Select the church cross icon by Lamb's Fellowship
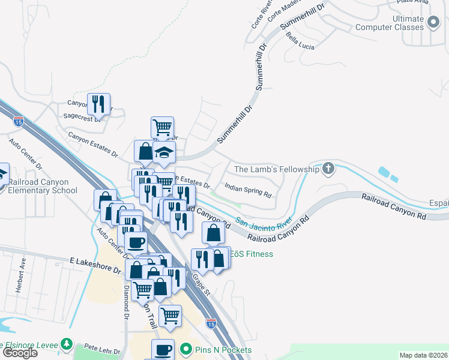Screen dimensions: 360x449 [x=328, y=169]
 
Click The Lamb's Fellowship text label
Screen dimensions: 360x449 [x=276, y=170]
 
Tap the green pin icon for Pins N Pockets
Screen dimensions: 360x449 [x=187, y=349]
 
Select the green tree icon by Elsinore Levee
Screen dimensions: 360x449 [x=67, y=346]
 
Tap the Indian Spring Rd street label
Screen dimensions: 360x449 [x=248, y=191]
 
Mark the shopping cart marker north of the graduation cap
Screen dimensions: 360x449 [x=162, y=127]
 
